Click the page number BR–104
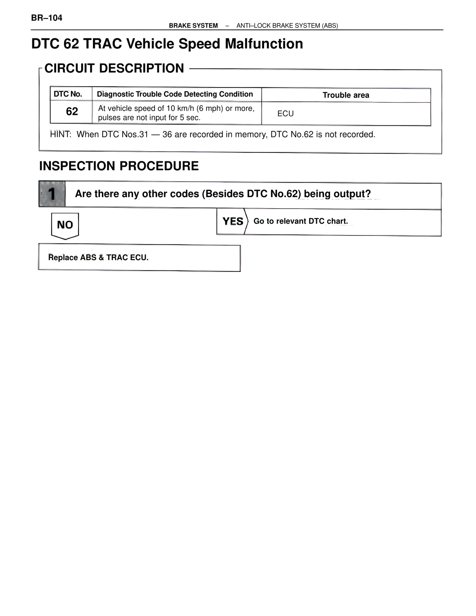point(47,18)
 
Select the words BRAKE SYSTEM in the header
point(193,26)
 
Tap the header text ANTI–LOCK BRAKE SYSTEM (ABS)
point(287,26)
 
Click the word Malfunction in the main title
point(264,44)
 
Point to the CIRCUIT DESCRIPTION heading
point(114,68)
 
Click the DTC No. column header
point(68,94)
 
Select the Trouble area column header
point(346,95)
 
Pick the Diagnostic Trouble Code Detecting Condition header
point(175,94)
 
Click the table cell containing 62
point(72,111)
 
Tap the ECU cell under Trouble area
point(286,113)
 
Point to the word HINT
point(60,134)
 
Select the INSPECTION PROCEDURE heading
point(119,166)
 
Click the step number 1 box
point(52,194)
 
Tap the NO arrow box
point(65,225)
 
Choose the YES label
point(233,221)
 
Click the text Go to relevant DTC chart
point(300,221)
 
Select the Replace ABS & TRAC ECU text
point(98,257)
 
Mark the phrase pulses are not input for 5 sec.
point(149,118)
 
